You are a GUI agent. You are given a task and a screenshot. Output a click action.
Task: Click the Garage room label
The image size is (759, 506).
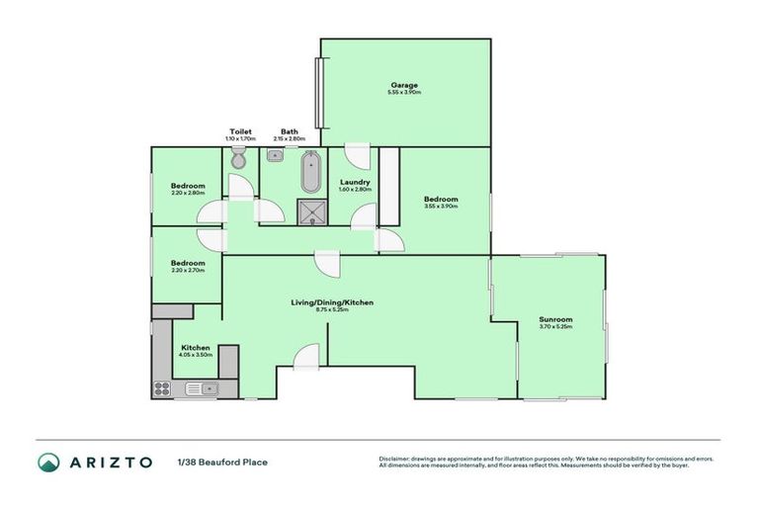pyautogui.click(x=404, y=85)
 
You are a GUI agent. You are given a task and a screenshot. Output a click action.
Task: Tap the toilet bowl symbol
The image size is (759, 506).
pyautogui.click(x=237, y=157)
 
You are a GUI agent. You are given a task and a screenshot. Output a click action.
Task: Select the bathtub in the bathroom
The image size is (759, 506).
pyautogui.click(x=310, y=172)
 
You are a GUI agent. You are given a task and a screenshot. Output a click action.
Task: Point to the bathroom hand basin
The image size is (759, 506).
pyautogui.click(x=276, y=156)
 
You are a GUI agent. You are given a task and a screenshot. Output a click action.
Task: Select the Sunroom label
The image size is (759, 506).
pyautogui.click(x=555, y=320)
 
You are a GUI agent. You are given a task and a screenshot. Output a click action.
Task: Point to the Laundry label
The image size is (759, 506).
pyautogui.click(x=354, y=182)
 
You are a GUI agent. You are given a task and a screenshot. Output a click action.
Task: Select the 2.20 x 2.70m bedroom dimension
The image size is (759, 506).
pyautogui.click(x=187, y=270)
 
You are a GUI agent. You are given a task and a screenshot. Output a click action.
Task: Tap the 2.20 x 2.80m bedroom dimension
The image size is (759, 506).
pyautogui.click(x=187, y=193)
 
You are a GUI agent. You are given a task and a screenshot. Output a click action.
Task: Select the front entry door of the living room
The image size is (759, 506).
pyautogui.click(x=305, y=358)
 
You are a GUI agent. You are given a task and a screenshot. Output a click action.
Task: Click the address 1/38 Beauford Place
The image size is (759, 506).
pyautogui.click(x=222, y=462)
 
